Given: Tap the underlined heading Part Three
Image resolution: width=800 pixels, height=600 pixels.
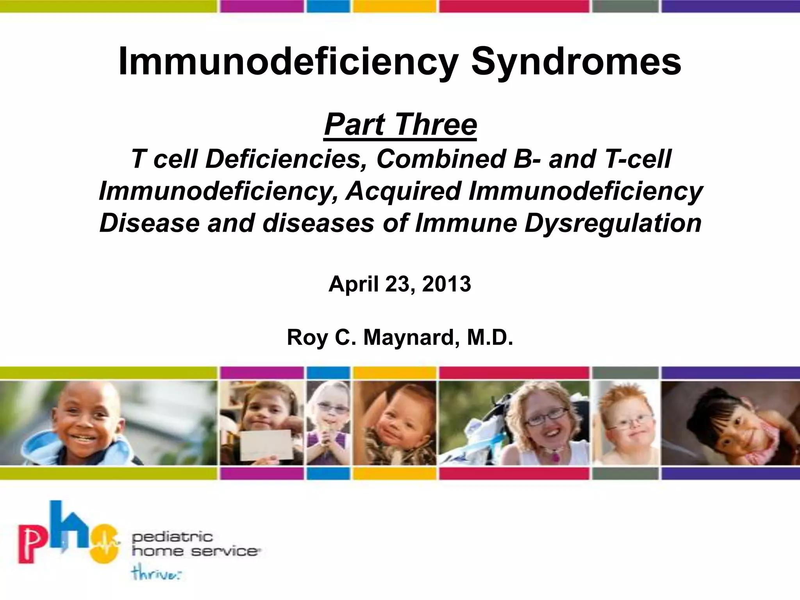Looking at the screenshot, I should coord(400,125).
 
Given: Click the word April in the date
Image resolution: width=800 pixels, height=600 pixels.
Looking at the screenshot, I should coord(354,284).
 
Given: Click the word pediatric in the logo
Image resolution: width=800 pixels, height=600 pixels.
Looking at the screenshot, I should coord(172,538).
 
